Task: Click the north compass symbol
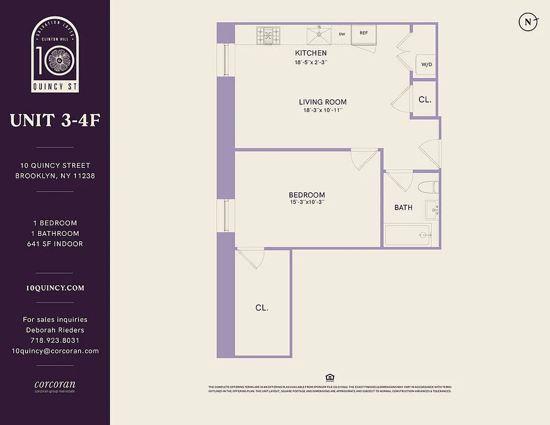click(527, 22)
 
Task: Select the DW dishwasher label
click(342, 34)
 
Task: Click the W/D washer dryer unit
click(426, 64)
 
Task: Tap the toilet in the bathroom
click(428, 188)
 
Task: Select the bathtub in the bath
click(407, 235)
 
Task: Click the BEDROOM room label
click(307, 195)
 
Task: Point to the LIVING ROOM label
click(323, 102)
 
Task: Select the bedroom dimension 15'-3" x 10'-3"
click(307, 202)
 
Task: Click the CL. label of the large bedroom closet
click(262, 308)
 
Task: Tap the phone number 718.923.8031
click(55, 341)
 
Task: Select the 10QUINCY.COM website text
click(55, 288)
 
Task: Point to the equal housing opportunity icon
click(329, 378)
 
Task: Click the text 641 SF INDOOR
click(55, 244)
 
